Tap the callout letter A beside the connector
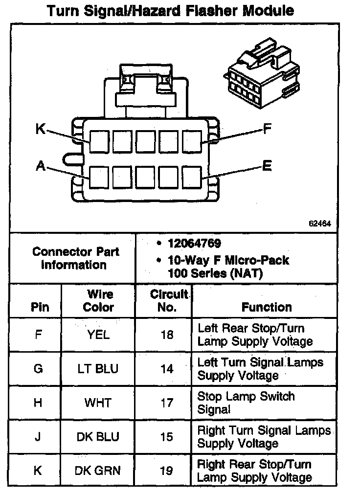click(x=40, y=166)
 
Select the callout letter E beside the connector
click(x=267, y=166)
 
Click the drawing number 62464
click(x=320, y=224)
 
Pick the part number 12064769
click(x=194, y=244)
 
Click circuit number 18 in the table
click(x=166, y=335)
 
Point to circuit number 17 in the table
click(x=166, y=403)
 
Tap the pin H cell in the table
click(x=38, y=403)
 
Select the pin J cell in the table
click(x=38, y=437)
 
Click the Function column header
click(x=267, y=307)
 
